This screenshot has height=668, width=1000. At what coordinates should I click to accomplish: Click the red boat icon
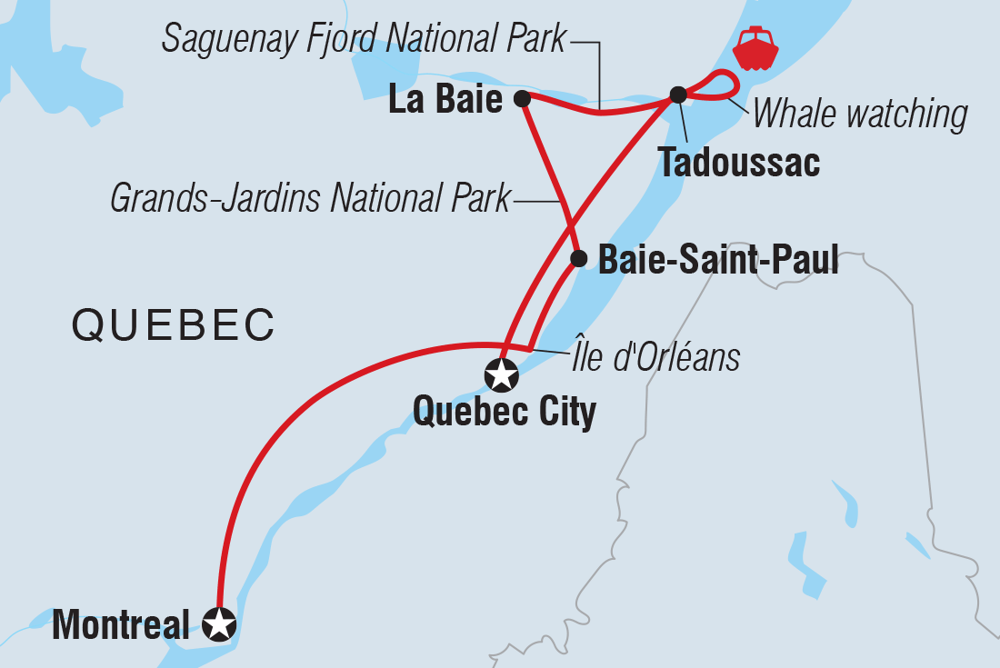point(755,50)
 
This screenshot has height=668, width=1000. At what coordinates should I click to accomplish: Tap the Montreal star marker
point(220,624)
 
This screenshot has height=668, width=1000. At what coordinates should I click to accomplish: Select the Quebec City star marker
point(501,373)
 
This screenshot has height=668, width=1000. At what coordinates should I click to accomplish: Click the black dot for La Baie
point(522,98)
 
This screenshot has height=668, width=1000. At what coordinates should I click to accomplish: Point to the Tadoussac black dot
point(677,94)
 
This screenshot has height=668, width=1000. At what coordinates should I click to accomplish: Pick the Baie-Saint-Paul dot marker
point(578,259)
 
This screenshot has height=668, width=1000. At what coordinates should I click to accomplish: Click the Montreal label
point(121,625)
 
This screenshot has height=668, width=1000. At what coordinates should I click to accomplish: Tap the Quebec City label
point(505,412)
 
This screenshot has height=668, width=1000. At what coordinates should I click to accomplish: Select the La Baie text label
point(445,100)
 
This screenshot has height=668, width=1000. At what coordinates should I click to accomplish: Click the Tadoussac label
point(740,164)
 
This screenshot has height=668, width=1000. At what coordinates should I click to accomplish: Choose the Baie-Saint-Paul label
point(717,261)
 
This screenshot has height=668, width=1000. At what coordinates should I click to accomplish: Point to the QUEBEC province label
point(173,324)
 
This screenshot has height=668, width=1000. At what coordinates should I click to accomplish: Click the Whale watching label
point(860,115)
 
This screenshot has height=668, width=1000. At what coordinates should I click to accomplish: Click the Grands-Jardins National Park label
point(310,199)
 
